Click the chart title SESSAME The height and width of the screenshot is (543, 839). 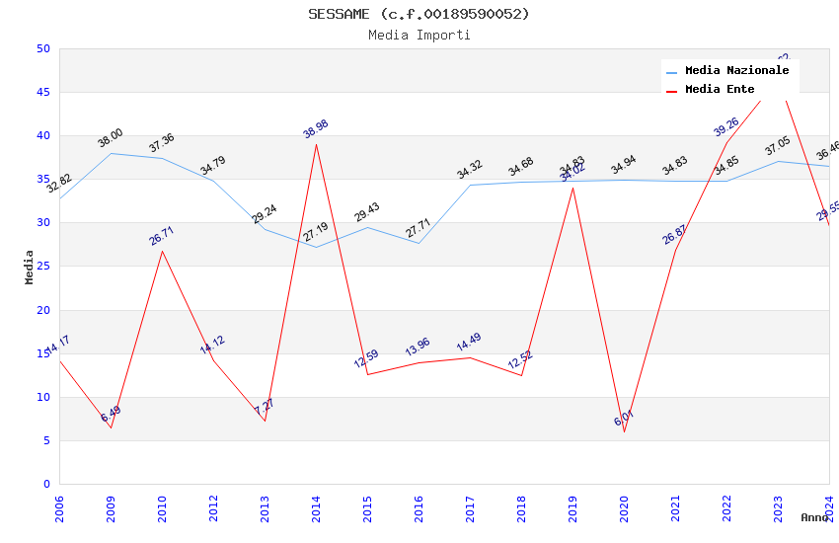(419, 14)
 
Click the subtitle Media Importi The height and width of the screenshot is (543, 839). (419, 35)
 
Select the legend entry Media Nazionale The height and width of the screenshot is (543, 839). (736, 71)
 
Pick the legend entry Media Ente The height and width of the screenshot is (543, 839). (720, 90)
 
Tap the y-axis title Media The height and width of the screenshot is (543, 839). (30, 267)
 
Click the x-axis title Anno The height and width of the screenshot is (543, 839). (814, 517)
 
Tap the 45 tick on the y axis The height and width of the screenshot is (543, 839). (42, 93)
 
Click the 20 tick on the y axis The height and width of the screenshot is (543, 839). (42, 310)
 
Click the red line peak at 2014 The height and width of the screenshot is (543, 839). (316, 144)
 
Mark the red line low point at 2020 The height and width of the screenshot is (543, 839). (624, 431)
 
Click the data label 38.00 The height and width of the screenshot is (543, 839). (111, 138)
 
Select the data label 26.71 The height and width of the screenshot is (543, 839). (162, 236)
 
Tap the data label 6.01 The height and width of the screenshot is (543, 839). (624, 419)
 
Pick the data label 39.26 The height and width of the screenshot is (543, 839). (726, 126)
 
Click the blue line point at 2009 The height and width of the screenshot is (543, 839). (111, 153)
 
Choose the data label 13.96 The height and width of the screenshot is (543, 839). (418, 348)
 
